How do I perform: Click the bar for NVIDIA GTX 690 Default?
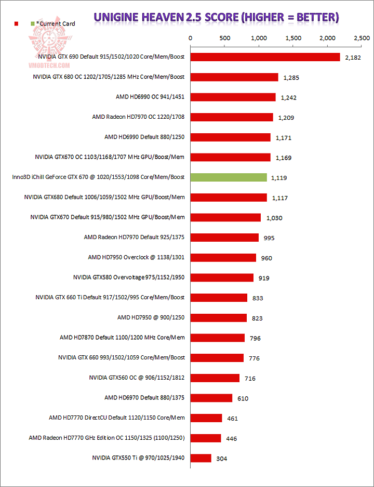click(265, 57)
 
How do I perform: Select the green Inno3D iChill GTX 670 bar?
click(229, 177)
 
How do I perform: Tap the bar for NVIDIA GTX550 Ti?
click(201, 458)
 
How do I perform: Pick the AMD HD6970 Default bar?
click(211, 398)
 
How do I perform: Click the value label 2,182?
click(353, 58)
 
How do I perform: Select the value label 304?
click(221, 458)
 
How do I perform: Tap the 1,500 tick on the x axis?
click(293, 38)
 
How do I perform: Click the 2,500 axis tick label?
click(362, 38)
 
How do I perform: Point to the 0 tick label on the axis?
click(191, 38)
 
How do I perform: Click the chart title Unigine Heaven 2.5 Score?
click(216, 17)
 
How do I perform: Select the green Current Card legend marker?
click(33, 24)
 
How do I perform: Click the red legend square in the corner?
click(17, 24)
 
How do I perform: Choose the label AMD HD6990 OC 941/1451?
click(150, 96)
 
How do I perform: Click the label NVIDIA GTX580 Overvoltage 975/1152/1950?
click(129, 277)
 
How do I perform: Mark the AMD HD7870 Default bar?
click(218, 338)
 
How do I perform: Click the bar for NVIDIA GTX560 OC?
click(215, 378)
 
